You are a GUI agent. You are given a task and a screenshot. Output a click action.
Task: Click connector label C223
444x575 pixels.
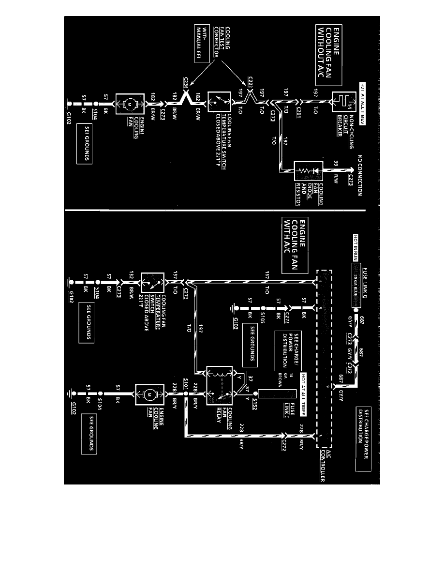click(251, 80)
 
